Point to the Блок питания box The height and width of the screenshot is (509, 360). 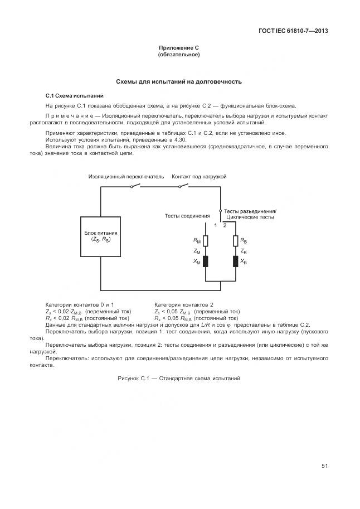click(x=101, y=236)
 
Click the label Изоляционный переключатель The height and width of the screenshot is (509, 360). click(x=126, y=176)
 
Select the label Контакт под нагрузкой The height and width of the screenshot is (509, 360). click(x=198, y=176)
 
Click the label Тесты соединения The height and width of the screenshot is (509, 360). click(x=187, y=215)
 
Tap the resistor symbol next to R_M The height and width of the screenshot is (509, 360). click(x=205, y=241)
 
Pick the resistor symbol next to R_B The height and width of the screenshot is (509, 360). click(x=236, y=241)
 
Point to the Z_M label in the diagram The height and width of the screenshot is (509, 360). click(x=197, y=251)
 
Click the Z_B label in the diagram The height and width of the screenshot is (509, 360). click(x=244, y=251)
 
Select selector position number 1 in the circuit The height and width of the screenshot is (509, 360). click(x=216, y=225)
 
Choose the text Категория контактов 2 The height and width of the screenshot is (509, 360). click(x=183, y=304)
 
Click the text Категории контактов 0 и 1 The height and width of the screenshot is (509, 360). click(x=80, y=304)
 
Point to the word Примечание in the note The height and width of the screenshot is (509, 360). click(x=72, y=117)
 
